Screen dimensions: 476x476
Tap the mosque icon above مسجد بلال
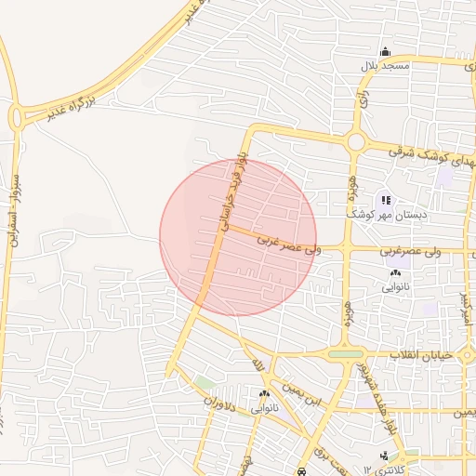coord(385,52)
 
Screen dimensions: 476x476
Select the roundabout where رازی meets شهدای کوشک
coord(355,142)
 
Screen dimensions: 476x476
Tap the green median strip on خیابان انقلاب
coord(346,354)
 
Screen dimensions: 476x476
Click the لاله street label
coord(261,364)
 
